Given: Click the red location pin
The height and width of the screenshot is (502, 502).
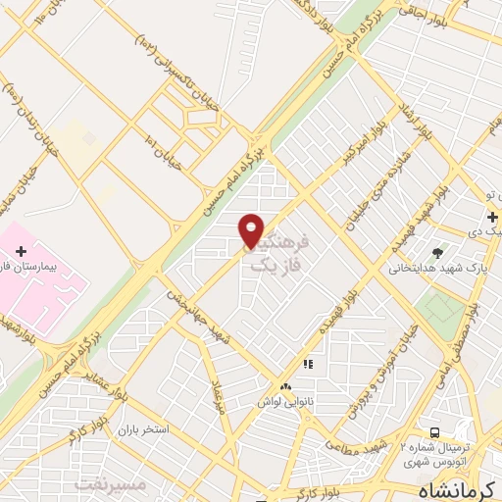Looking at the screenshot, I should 252,229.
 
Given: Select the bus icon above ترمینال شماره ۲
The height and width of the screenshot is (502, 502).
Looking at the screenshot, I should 433,432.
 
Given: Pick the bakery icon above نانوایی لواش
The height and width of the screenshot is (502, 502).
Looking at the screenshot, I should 285,386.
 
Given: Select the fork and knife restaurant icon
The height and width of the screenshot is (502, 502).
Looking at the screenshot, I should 307,364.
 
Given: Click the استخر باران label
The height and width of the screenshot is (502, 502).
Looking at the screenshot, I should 144,430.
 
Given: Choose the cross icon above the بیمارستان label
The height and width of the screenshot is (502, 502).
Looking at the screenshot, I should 21,252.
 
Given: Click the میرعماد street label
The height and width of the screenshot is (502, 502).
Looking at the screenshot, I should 219,393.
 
